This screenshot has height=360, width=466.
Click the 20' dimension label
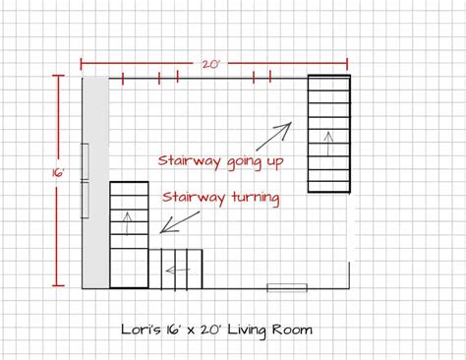click(x=210, y=64)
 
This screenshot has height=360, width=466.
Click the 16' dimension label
click(x=57, y=173)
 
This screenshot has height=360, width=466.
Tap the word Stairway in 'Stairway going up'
click(x=190, y=161)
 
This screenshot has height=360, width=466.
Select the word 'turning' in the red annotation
click(x=256, y=198)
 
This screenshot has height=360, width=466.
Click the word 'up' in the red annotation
click(x=274, y=162)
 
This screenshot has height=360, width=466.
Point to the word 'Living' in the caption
click(x=247, y=330)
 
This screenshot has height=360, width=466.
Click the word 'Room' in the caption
click(x=292, y=330)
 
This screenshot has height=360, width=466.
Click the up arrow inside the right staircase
click(x=328, y=144)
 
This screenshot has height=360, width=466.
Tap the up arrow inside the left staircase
click(x=128, y=223)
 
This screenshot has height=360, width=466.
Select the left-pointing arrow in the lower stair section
click(x=178, y=270)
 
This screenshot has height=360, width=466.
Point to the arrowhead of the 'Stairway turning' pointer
click(x=166, y=228)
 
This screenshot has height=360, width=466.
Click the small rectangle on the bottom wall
click(x=287, y=288)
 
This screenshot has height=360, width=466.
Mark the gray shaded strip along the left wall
click(x=95, y=183)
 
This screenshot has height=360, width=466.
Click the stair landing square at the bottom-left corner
click(x=129, y=269)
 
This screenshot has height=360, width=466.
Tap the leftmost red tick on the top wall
click(x=123, y=79)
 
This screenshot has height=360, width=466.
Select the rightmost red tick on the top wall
click(x=270, y=77)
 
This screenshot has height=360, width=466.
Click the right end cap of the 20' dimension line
click(x=347, y=64)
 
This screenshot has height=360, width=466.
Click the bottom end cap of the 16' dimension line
click(x=58, y=285)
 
